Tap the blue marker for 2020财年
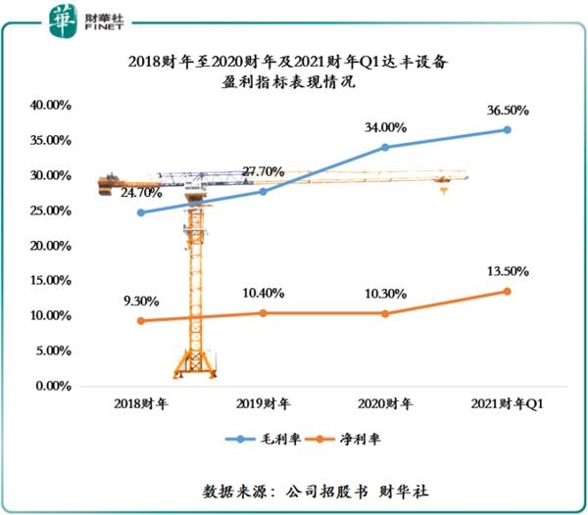385,147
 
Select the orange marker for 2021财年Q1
508,291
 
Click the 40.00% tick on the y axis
50,105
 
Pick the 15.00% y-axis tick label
50,281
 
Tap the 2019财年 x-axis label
263,403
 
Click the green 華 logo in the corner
64,18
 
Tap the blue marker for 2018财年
140,212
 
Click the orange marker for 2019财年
263,313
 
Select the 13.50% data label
506,270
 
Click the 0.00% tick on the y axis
53,386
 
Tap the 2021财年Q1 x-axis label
508,403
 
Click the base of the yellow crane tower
195,370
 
